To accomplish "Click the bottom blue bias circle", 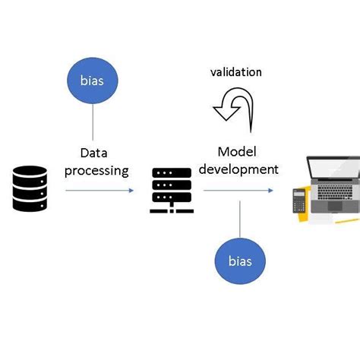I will click(x=240, y=261).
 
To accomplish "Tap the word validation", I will click(x=235, y=72).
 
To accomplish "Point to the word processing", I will click(x=96, y=170).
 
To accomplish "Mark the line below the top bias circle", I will click(x=93, y=122).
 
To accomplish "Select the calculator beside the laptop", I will click(x=300, y=201).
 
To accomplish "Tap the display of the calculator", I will click(x=300, y=193).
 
